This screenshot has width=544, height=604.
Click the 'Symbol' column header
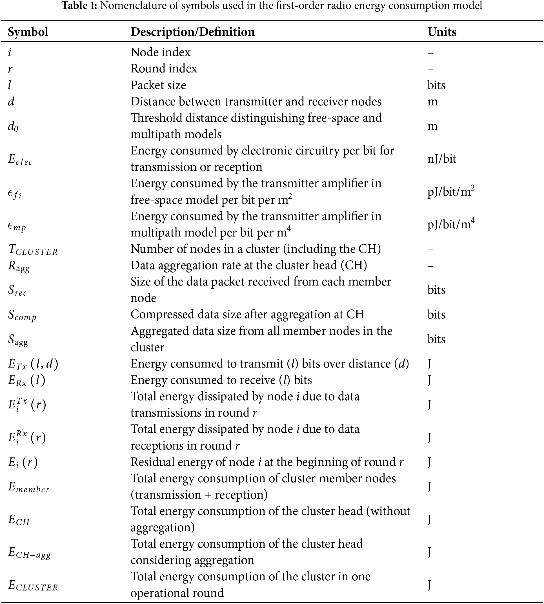pos(28,32)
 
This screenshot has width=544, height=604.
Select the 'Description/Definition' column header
pos(192,32)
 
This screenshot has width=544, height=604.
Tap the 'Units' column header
pos(442,32)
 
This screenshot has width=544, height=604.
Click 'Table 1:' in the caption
pos(79,5)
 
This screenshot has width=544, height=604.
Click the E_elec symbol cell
pos(20,159)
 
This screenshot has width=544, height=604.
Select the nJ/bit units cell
pos(441,159)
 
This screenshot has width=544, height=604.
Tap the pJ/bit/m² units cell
pos(451,191)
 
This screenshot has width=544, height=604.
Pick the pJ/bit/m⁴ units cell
pos(451,224)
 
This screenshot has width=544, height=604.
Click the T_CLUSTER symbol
pos(33,250)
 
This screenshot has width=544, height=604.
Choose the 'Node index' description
pos(161,52)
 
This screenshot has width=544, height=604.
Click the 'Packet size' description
pos(158,85)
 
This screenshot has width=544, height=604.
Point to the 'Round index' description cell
pos(164,69)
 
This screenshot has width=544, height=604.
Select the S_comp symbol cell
pos(22,315)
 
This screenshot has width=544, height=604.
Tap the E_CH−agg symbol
pos(29,553)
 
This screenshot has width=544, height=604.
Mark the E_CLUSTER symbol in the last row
pos(33,585)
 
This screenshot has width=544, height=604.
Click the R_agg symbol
pos(19,266)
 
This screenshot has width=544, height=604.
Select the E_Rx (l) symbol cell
pos(26,380)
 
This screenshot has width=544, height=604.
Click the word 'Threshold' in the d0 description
pos(156,118)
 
